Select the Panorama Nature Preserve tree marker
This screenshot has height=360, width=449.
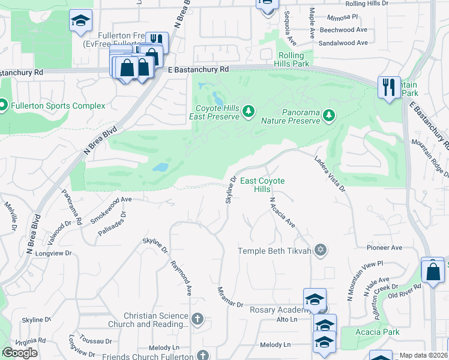tap(328, 115)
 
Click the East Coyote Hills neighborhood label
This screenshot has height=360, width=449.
tap(262, 185)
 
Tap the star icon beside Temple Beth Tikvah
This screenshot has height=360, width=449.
tap(321, 250)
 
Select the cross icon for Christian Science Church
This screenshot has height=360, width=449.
tap(198, 319)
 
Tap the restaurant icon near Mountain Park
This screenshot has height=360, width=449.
tap(388, 86)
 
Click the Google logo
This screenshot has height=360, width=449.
tap(20, 353)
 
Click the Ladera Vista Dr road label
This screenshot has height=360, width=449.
tap(330, 173)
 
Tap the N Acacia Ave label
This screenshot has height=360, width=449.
tap(282, 213)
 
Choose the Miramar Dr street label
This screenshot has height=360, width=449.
tap(231, 297)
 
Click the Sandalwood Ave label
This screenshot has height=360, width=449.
tap(343, 43)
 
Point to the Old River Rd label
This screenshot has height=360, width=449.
tap(405, 290)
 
